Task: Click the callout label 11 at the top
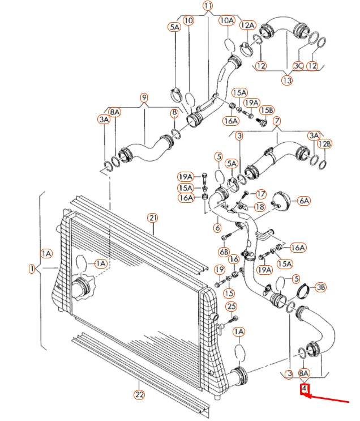point(208,7)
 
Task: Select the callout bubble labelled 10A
point(227,21)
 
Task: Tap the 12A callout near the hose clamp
point(247,25)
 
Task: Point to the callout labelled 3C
point(298,66)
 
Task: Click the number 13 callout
point(287,80)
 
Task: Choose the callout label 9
point(144,97)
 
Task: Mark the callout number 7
point(277,121)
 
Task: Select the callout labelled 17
point(261,194)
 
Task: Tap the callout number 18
point(259,207)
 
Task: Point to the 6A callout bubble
point(303,201)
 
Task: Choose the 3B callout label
point(320,287)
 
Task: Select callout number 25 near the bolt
point(231,307)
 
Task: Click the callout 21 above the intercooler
point(152,218)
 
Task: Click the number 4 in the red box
point(305,389)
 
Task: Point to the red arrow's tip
point(306,396)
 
